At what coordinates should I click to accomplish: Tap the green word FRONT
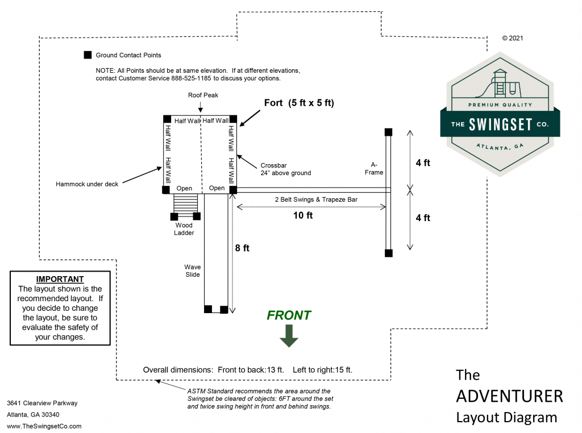click(289, 315)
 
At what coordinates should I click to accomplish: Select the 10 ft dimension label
click(302, 216)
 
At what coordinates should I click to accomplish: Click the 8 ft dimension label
click(242, 248)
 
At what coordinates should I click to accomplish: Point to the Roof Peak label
click(203, 95)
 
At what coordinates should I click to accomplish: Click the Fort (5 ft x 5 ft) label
click(299, 103)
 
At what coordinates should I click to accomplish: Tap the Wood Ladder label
click(184, 229)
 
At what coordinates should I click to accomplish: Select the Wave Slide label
click(192, 271)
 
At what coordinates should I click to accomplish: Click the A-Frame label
click(374, 168)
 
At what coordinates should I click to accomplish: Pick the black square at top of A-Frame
click(388, 132)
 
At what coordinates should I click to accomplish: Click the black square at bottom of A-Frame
click(388, 253)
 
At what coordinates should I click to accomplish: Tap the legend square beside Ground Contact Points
click(88, 55)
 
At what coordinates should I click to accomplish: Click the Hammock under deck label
click(87, 184)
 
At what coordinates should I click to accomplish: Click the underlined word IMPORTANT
click(60, 280)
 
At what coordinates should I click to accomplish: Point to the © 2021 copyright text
click(512, 39)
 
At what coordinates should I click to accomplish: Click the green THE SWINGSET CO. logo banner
click(500, 124)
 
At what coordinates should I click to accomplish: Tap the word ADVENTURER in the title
click(509, 396)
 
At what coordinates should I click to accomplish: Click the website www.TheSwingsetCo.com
click(44, 426)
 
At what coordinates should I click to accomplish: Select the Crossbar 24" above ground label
click(286, 169)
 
